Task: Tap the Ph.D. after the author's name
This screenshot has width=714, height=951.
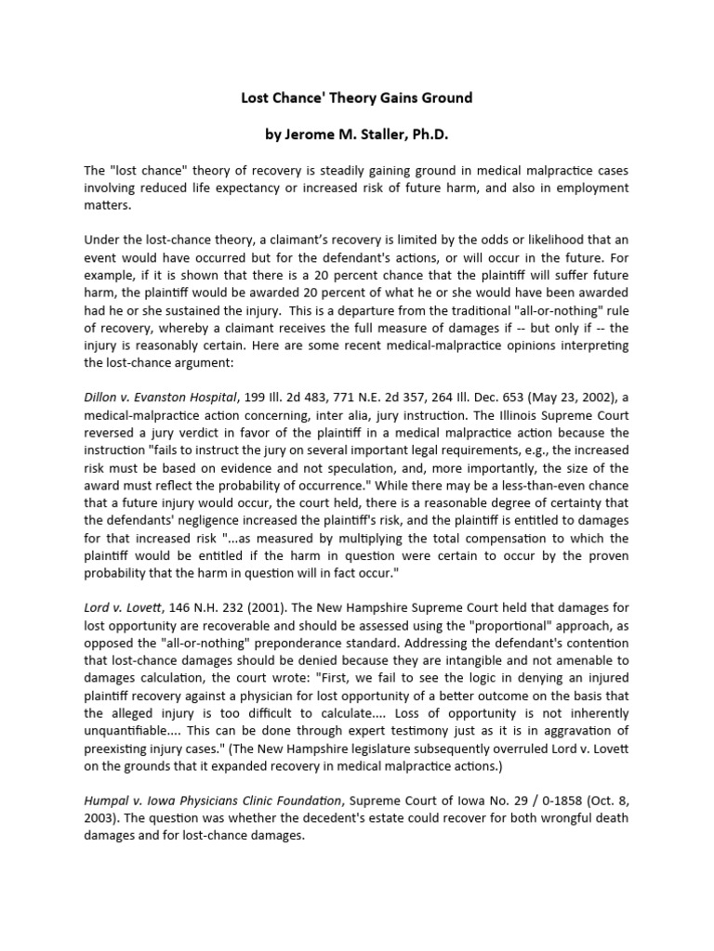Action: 425,135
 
